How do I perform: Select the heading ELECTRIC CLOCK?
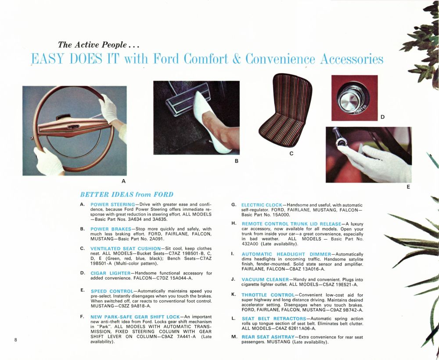(x=262, y=205)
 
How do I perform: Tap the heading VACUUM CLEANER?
(x=265, y=279)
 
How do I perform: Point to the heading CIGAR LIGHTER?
(x=110, y=273)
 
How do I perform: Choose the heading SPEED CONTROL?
(x=111, y=291)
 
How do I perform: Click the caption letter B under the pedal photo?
(x=236, y=161)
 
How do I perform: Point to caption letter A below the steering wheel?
(x=123, y=180)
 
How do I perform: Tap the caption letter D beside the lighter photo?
(x=382, y=117)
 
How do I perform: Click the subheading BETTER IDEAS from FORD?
(x=126, y=194)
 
